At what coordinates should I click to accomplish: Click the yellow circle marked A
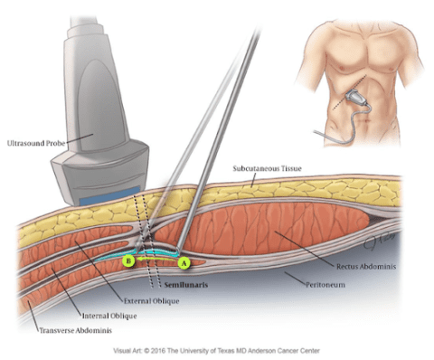point(184,263)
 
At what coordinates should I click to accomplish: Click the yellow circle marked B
point(129,261)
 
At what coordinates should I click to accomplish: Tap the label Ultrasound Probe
point(39,142)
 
